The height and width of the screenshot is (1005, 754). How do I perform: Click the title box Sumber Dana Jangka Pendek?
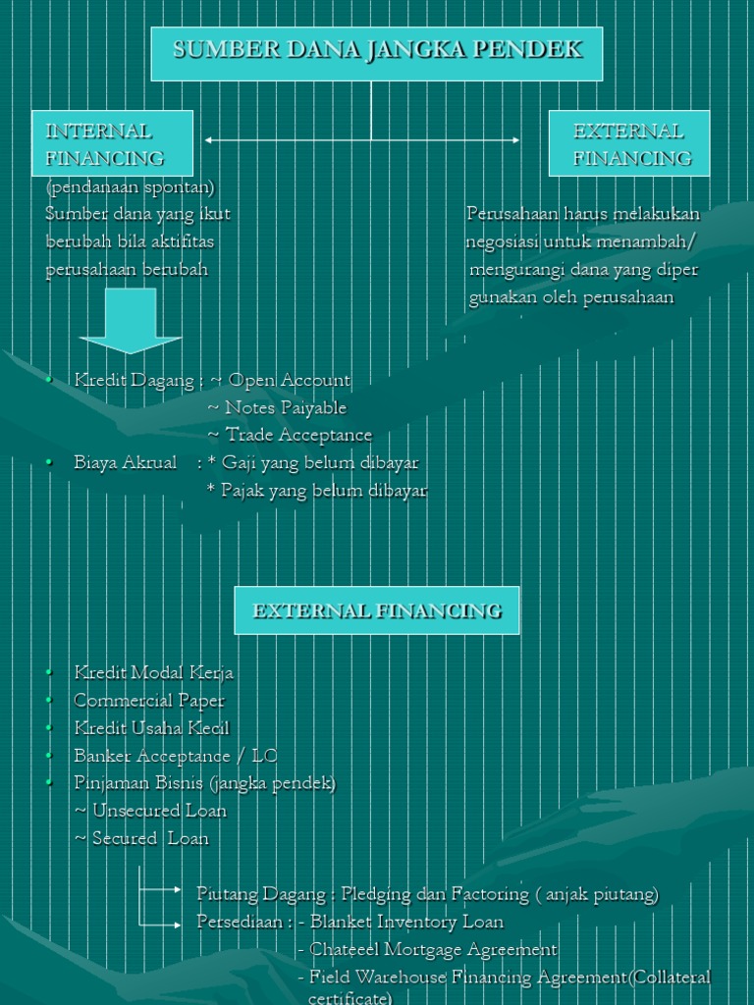tap(377, 53)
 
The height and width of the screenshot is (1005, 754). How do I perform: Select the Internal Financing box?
tap(112, 143)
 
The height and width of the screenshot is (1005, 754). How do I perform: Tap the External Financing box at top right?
tap(629, 143)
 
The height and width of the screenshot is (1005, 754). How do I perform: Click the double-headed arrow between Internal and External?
tap(362, 140)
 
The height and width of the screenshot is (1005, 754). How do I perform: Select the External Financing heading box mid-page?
tap(377, 610)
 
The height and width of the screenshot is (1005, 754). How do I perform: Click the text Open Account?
tap(289, 380)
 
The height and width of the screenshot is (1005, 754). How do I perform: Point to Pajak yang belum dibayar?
tap(324, 490)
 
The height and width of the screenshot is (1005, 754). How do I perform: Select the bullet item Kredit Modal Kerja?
tap(153, 673)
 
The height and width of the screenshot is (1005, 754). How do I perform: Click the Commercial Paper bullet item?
tap(148, 701)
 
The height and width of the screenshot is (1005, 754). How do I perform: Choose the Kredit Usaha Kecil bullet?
tap(151, 728)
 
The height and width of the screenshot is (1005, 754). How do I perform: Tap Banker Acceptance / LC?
tap(175, 756)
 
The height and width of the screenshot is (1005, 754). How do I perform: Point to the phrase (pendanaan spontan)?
tap(130, 186)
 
